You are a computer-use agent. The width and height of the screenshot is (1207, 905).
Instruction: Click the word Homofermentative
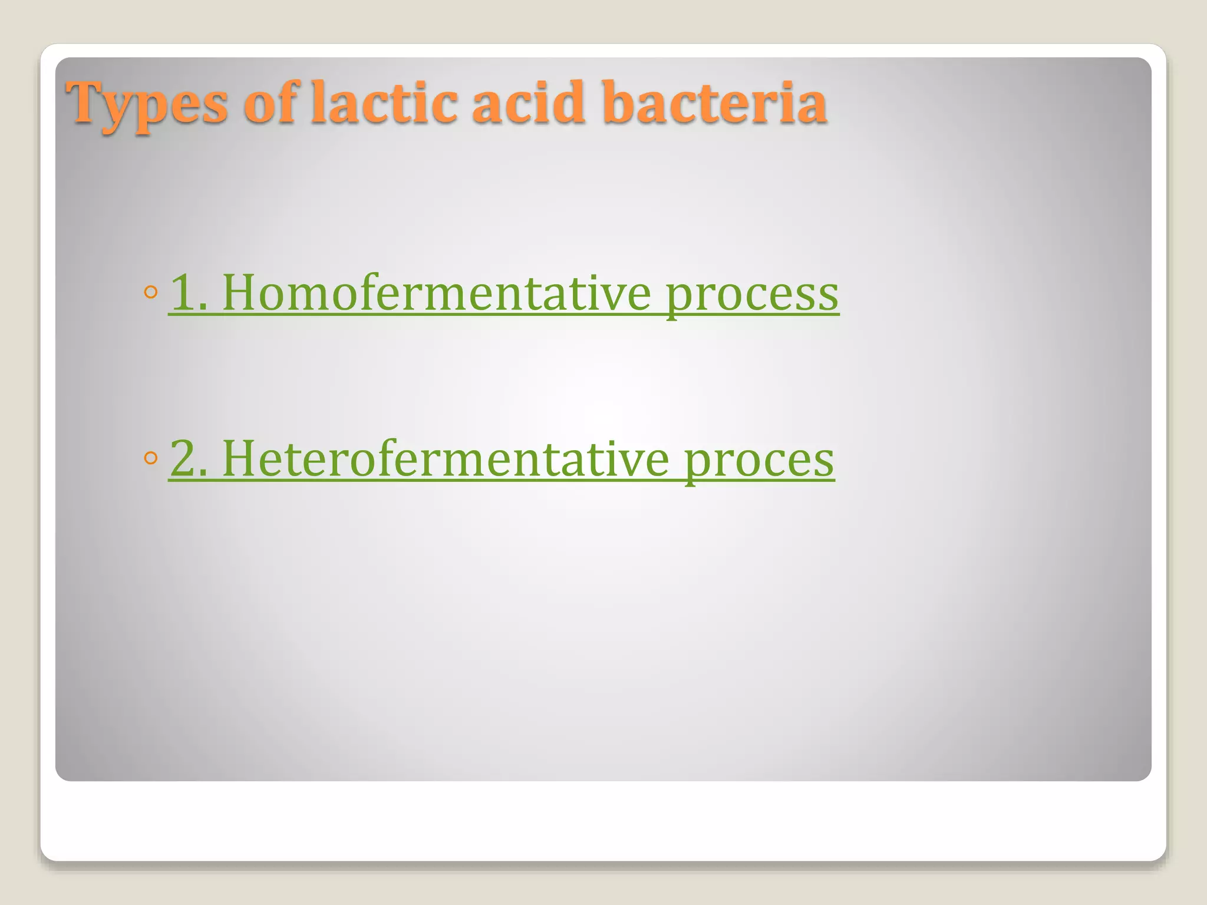coord(437,293)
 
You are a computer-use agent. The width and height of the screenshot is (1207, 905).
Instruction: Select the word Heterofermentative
coord(446,459)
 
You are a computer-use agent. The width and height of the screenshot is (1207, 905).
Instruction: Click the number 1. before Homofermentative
coord(188,293)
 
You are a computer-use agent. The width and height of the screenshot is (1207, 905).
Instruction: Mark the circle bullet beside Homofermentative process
coord(151,292)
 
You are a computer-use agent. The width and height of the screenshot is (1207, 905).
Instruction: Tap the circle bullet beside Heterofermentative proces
coord(151,458)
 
